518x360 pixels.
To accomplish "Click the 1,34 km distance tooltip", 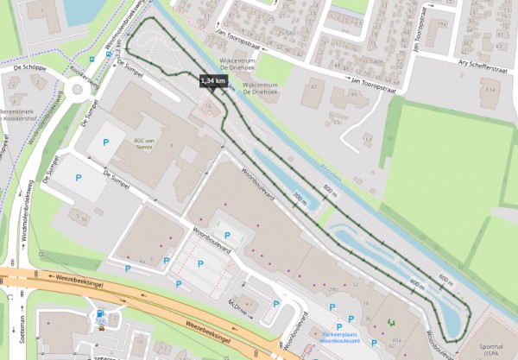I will pos(213,80).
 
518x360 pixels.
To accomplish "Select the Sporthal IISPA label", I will pos(493,349).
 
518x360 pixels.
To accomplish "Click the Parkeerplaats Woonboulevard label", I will pos(327,337).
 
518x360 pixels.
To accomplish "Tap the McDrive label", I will pos(238,305).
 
